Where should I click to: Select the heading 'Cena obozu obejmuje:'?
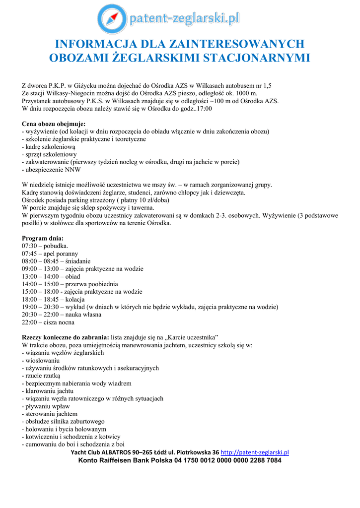click(54, 124)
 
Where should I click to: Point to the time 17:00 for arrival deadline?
click(204, 108)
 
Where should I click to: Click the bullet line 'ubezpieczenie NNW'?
click(49, 170)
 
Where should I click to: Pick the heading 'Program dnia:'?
click(43, 238)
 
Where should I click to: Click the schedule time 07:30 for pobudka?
click(30, 246)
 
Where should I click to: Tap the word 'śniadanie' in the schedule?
click(77, 261)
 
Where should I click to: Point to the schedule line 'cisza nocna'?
click(62, 322)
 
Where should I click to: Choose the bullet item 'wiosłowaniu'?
click(42, 360)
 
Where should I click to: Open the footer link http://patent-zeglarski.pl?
click(255, 452)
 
